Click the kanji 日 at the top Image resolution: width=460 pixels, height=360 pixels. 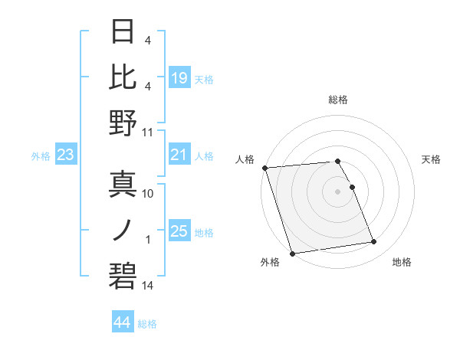coord(123,33)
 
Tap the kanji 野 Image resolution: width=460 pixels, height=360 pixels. coord(123,123)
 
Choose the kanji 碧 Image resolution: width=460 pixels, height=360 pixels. coord(123,277)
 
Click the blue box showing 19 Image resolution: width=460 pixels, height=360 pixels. coord(179,77)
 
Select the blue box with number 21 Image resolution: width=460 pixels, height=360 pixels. coord(179,155)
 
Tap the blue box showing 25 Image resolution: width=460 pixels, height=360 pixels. coord(179,232)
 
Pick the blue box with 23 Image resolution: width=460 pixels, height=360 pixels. coord(65,155)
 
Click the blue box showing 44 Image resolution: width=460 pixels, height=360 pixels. coord(122,323)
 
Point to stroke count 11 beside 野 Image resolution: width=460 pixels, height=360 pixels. coord(148,133)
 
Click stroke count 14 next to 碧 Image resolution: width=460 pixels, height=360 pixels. coord(148,286)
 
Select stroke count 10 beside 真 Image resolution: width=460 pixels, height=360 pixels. coord(148,195)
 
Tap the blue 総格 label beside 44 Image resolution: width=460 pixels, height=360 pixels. coord(147,324)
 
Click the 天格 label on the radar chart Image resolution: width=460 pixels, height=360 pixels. coord(431,159)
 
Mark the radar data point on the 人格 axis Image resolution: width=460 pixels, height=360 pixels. coord(264,168)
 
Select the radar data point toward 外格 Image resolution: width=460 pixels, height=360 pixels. coord(292,253)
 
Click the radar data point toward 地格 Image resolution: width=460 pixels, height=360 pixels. coord(373,242)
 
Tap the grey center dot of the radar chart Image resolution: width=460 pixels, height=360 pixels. coord(337,191)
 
